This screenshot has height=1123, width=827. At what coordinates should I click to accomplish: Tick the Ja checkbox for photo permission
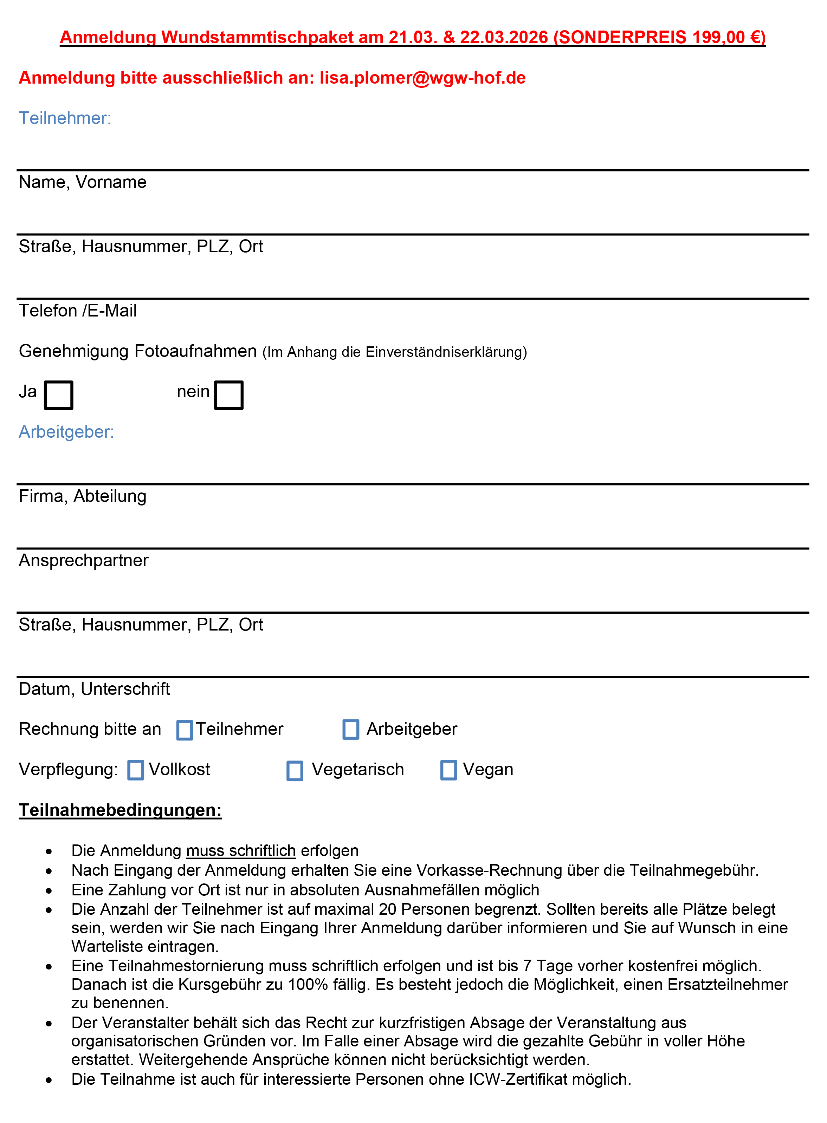59,395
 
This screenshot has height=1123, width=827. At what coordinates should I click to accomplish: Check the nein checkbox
229,395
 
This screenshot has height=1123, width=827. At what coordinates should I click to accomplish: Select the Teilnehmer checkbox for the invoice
185,730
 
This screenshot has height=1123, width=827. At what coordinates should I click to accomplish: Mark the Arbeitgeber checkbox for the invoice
351,729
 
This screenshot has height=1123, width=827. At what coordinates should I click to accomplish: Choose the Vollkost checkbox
136,770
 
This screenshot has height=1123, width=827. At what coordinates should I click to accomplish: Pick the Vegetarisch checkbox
295,770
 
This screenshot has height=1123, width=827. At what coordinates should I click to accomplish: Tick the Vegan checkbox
448,770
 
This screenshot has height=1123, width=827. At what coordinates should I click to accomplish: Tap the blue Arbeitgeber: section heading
66,432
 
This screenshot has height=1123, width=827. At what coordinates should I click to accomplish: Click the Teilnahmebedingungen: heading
120,810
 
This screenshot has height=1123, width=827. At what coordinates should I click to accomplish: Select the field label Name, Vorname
83,182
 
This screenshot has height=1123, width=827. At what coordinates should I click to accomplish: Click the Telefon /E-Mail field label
78,311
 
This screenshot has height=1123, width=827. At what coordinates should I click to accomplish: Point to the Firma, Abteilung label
83,496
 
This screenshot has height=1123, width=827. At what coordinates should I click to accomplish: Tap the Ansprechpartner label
84,560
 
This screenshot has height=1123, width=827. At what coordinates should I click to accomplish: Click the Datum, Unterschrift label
94,689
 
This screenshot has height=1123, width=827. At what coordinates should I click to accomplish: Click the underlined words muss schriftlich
241,850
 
